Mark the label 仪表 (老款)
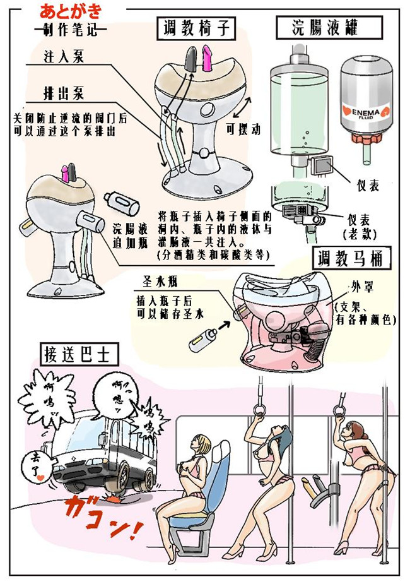pyautogui.click(x=361, y=226)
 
